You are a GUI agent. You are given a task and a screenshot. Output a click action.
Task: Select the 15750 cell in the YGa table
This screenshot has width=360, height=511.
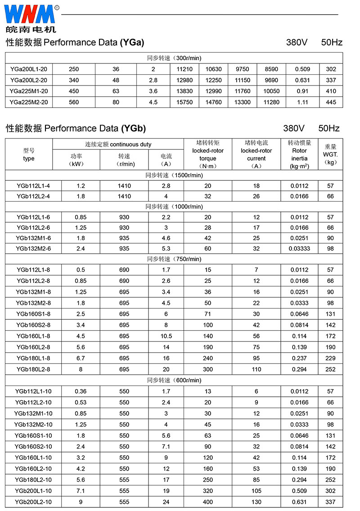pyautogui.click(x=184, y=102)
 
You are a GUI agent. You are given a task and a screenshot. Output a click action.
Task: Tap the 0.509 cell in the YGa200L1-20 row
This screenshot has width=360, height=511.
pyautogui.click(x=302, y=69)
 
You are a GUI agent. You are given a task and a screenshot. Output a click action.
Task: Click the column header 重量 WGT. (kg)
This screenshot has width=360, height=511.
pyautogui.click(x=330, y=154)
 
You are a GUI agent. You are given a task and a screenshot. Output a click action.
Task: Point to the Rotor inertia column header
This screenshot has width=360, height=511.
pyautogui.click(x=299, y=154)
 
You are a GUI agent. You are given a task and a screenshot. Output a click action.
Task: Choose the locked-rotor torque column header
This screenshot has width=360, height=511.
pyautogui.click(x=207, y=154)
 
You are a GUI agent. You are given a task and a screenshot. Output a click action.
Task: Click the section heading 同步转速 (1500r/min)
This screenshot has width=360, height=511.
pyautogui.click(x=174, y=175)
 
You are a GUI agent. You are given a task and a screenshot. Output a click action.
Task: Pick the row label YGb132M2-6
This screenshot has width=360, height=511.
pyautogui.click(x=33, y=248)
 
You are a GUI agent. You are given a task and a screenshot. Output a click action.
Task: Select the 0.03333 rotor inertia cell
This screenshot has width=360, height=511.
pyautogui.click(x=299, y=248)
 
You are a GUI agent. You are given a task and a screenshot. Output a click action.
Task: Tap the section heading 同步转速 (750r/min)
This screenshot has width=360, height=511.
pyautogui.click(x=174, y=259)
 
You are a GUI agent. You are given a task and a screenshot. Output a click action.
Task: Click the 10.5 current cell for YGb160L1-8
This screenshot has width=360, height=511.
pyautogui.click(x=166, y=336)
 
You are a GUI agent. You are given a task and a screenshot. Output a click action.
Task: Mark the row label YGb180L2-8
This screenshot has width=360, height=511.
pyautogui.click(x=33, y=369)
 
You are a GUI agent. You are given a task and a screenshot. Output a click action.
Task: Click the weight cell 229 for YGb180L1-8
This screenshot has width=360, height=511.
pyautogui.click(x=330, y=358)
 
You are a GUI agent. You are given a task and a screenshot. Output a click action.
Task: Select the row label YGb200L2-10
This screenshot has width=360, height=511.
pyautogui.click(x=33, y=502)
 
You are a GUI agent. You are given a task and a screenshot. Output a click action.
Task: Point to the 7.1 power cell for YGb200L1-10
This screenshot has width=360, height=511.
pyautogui.click(x=81, y=491)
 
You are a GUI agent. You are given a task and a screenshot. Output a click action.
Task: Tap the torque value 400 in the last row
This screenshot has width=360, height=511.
pyautogui.click(x=207, y=502)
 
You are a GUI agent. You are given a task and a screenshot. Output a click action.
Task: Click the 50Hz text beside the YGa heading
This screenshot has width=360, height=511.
pyautogui.click(x=332, y=43)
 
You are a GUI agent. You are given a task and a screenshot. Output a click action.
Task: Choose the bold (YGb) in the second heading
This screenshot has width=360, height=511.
pyautogui.click(x=133, y=128)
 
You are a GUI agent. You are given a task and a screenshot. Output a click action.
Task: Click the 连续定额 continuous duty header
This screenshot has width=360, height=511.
pyautogui.click(x=118, y=144)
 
